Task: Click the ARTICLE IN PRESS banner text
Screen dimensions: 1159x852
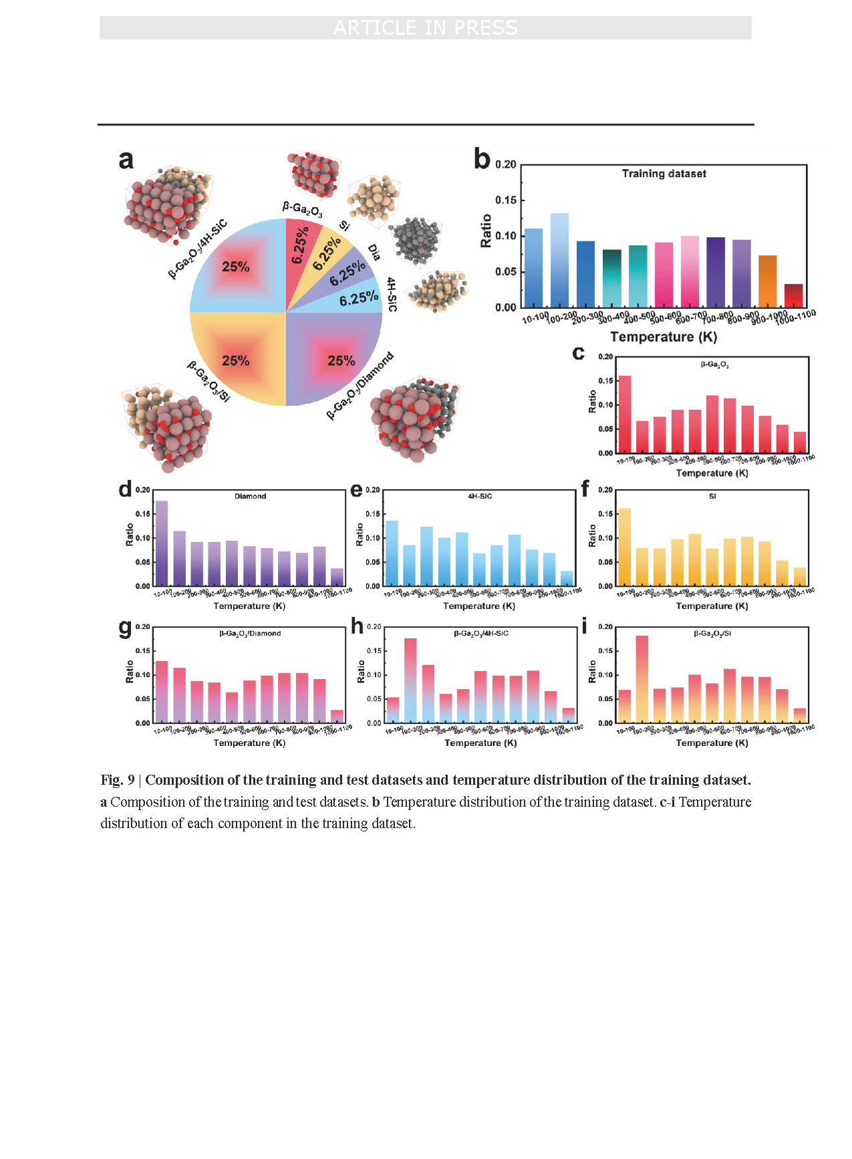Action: click(426, 28)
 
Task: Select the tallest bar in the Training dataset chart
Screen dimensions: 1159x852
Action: click(559, 261)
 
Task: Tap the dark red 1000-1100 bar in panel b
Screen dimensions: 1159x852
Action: click(793, 295)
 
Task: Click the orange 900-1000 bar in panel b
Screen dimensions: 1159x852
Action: click(767, 281)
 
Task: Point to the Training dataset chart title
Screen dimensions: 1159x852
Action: click(664, 174)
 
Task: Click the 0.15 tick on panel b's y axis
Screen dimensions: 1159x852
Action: click(506, 201)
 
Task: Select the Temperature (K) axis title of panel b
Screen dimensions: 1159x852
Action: click(664, 337)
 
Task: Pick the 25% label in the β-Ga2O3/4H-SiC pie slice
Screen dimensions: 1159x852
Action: click(235, 267)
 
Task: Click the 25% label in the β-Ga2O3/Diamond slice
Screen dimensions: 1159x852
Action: click(341, 361)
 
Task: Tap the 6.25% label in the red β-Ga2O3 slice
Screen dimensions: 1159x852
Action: click(301, 245)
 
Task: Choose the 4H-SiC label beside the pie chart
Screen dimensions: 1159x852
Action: click(392, 295)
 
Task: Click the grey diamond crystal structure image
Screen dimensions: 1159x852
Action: click(416, 240)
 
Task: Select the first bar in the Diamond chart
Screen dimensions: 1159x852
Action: click(162, 543)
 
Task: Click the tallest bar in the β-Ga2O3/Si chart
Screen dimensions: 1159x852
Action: click(642, 679)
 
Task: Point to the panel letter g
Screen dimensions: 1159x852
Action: click(125, 627)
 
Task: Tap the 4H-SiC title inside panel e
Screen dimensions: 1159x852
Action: click(480, 497)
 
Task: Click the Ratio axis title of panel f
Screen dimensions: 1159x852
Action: click(592, 535)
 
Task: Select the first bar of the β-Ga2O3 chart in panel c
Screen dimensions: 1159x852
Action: click(625, 414)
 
